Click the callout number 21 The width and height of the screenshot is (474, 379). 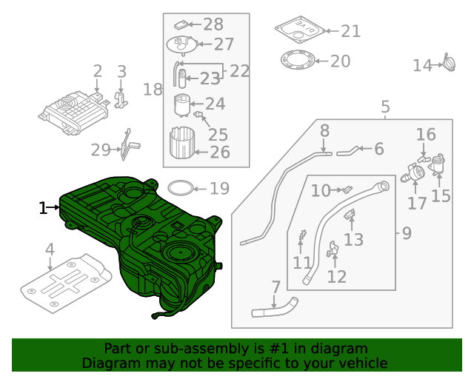pos(350,31)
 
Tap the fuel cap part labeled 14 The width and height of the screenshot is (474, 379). pos(450,64)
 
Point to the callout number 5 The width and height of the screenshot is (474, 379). pos(385,108)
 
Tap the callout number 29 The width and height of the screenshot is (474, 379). pos(100,150)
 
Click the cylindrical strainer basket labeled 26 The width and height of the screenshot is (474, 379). pos(182,144)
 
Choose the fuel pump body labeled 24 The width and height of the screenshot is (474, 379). pos(182,105)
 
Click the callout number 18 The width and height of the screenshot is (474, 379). pos(153,90)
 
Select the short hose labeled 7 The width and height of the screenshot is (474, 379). pos(274,308)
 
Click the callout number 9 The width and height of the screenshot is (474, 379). pos(407,234)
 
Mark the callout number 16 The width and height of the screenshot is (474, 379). pos(426,135)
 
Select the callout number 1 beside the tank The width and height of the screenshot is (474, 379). pos(43,208)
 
